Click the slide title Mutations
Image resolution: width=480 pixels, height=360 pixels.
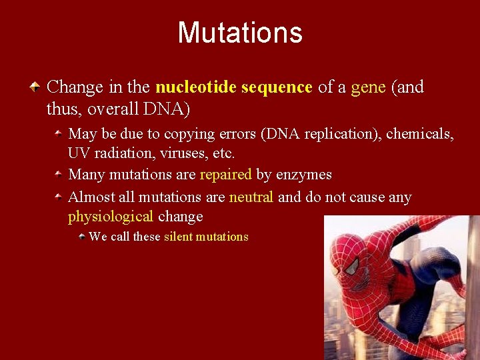click(240, 33)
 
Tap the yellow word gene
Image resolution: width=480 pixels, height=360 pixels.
click(368, 87)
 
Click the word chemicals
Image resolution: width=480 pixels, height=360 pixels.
click(421, 134)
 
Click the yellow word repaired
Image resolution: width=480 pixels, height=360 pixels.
click(225, 175)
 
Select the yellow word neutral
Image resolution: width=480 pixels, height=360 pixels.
click(251, 197)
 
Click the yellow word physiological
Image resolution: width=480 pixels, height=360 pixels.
click(111, 217)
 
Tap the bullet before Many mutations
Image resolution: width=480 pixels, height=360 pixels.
click(59, 175)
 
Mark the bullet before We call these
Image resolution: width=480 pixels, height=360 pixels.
click(81, 236)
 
